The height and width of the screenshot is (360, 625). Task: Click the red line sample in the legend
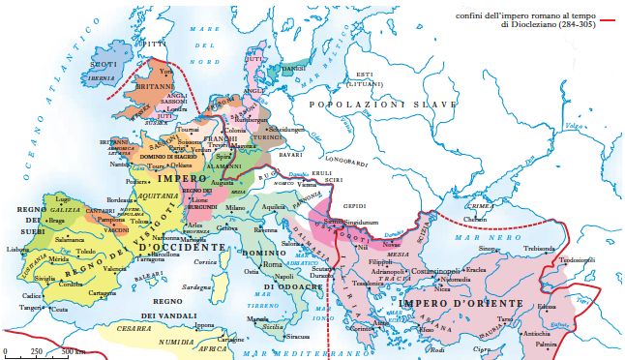pos(609,19)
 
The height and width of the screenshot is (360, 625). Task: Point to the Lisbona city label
pos(18,249)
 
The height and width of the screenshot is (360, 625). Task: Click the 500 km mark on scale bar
pos(61,351)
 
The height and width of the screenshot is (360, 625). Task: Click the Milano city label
pos(235,207)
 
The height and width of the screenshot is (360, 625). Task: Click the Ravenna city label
pos(265,230)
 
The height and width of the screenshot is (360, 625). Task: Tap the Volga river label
pos(575,126)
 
